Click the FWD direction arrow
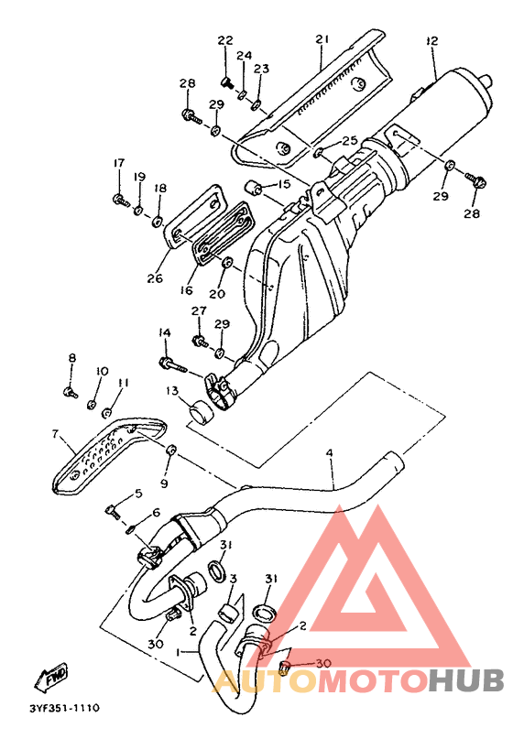point(51,678)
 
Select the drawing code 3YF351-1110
point(64,708)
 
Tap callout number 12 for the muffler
point(431,40)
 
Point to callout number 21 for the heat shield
point(322,38)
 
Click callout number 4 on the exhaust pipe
point(329,453)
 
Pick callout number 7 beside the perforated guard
point(55,433)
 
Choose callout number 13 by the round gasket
point(172,391)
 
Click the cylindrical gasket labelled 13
point(201,409)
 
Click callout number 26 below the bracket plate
point(155,278)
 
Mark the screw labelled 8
point(71,391)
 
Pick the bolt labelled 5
point(114,511)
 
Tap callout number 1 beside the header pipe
point(179,652)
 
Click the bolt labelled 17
point(121,200)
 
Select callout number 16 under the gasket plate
point(187,290)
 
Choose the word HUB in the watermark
point(466,681)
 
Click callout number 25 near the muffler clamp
point(350,140)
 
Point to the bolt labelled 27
point(200,340)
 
